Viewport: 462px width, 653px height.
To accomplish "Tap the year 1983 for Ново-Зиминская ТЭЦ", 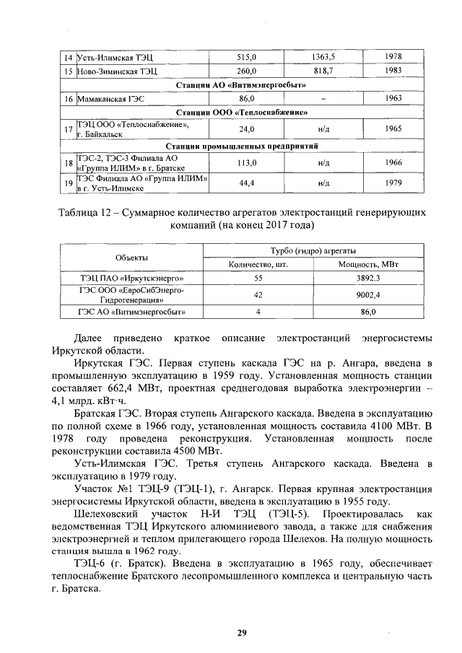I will (394, 71).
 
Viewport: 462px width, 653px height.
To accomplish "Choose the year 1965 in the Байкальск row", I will (394, 128).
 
